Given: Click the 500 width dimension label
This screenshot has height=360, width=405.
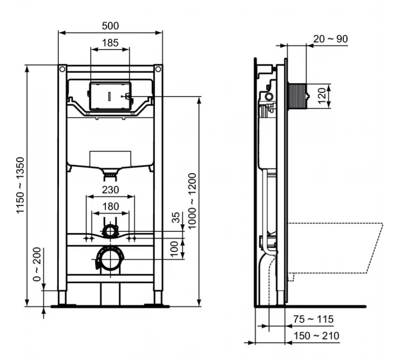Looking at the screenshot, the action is click(110, 26).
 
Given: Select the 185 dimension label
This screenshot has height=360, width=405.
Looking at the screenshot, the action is click(110, 43).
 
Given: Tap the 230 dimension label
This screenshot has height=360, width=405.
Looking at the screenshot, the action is click(111, 190).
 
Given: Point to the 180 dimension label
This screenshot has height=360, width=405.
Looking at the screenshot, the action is click(111, 206).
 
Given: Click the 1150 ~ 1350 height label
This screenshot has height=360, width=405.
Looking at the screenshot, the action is click(20, 185).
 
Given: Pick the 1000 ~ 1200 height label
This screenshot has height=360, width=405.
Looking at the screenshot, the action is click(192, 201).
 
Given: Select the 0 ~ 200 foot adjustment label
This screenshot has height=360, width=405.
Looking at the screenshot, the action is click(37, 264).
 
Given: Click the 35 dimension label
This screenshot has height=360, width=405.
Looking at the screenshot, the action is click(175, 217).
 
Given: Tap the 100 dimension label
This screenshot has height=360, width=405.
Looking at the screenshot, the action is click(175, 248).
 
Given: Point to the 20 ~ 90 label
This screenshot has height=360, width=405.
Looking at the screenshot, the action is click(330, 39).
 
